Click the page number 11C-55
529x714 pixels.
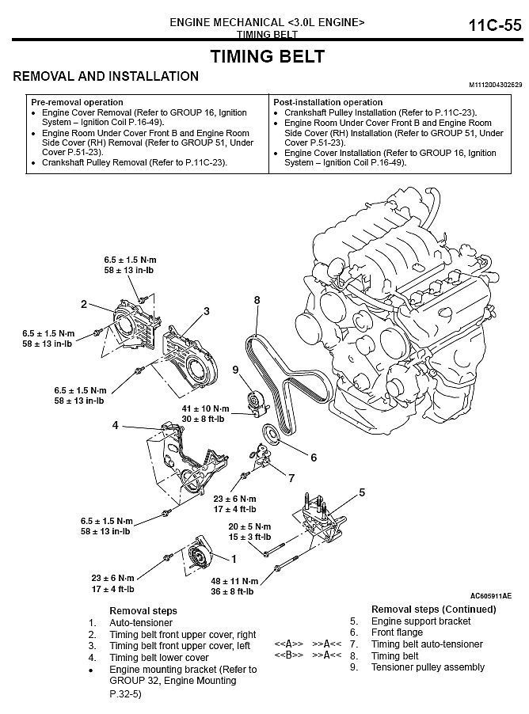(495, 26)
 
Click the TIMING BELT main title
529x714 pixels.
(267, 56)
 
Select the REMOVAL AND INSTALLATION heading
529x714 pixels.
(106, 77)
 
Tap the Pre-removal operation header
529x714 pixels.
(77, 102)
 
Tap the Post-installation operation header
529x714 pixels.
(328, 102)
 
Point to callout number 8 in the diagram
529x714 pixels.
(257, 300)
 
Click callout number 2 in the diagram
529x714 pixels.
(83, 304)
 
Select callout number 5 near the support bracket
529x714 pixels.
(362, 492)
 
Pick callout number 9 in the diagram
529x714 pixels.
(235, 370)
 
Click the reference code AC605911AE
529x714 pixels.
(490, 596)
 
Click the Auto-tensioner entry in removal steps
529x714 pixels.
(140, 623)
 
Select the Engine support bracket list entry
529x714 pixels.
(421, 621)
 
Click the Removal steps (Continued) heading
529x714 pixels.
(434, 610)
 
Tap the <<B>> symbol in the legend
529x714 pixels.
(289, 655)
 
